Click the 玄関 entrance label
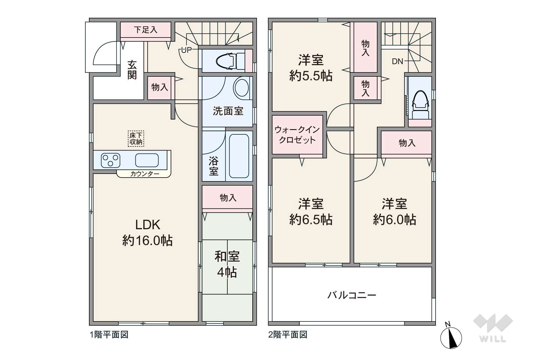[132, 70]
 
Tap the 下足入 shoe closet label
[146, 30]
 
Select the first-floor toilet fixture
[230, 61]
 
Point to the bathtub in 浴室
[239, 156]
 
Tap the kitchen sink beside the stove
[147, 160]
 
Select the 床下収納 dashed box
[136, 139]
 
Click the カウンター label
[145, 174]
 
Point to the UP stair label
[186, 50]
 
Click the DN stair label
[398, 62]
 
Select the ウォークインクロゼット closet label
[297, 135]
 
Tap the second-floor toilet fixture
[421, 105]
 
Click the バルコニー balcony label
[352, 295]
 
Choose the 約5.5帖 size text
[311, 76]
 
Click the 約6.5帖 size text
[311, 219]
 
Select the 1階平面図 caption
[109, 335]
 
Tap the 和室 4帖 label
[227, 264]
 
